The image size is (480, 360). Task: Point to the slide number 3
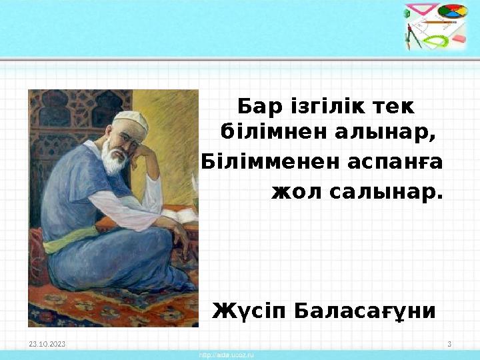[x=449, y=343]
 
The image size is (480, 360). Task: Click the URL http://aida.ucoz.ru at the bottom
[x=227, y=355]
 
